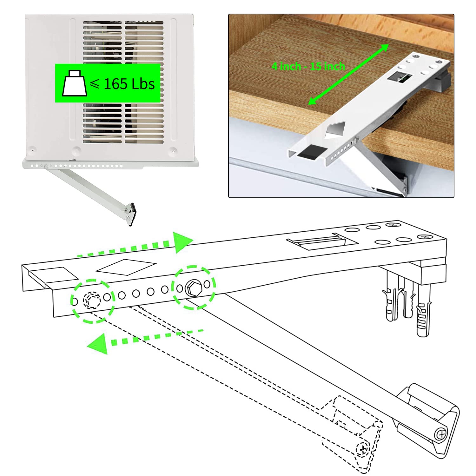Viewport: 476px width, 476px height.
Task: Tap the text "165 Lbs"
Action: tap(129, 84)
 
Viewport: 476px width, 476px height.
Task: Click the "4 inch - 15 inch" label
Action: tap(308, 66)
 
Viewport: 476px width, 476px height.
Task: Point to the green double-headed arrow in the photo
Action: tap(349, 74)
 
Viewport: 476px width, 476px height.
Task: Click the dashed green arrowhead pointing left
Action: tap(98, 343)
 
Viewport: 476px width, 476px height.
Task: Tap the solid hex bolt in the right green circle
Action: tap(193, 288)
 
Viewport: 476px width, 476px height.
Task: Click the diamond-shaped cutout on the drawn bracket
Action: tap(126, 267)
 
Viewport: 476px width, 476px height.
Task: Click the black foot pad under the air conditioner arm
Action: tap(133, 214)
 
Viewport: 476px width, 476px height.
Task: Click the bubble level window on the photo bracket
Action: tap(398, 77)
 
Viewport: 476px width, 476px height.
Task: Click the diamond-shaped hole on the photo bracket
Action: tap(336, 129)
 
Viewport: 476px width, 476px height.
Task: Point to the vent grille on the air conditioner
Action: tap(123, 82)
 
